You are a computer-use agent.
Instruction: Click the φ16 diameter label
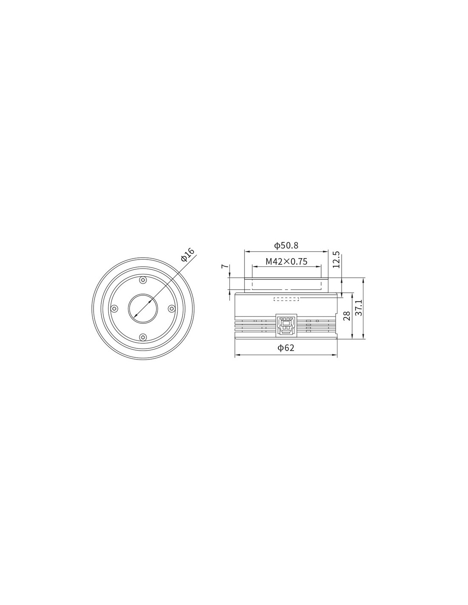187,254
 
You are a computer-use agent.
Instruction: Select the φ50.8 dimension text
286,245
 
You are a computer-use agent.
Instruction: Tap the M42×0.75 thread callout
286,261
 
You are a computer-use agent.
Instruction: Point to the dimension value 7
224,266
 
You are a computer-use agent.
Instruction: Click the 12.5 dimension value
336,259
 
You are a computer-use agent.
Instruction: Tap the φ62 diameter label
286,348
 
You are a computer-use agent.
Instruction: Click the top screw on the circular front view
143,280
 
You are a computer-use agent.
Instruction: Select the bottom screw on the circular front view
143,337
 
